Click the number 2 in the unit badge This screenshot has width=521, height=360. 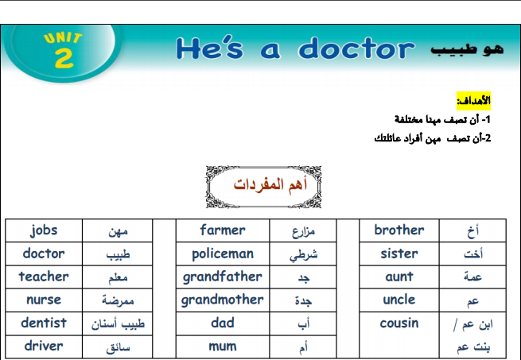[64, 58]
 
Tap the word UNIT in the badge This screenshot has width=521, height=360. [63, 38]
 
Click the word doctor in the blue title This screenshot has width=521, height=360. [356, 48]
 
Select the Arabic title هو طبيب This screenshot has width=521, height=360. [467, 49]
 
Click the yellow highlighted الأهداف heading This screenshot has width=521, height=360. [473, 101]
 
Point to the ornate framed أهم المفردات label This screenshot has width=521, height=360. [263, 187]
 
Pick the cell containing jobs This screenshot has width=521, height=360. [44, 230]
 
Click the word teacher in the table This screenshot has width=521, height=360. [44, 277]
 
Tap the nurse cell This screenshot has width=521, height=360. [44, 300]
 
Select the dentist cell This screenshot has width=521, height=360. [44, 323]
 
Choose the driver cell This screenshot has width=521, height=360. [44, 346]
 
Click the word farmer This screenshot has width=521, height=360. [223, 230]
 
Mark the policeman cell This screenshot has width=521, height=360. [223, 254]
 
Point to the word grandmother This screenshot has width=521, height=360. [222, 300]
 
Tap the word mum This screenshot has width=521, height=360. [223, 346]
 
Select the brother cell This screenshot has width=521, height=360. [399, 230]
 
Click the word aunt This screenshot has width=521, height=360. [399, 277]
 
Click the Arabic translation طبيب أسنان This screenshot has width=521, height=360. [118, 323]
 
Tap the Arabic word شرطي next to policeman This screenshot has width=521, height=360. [303, 255]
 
